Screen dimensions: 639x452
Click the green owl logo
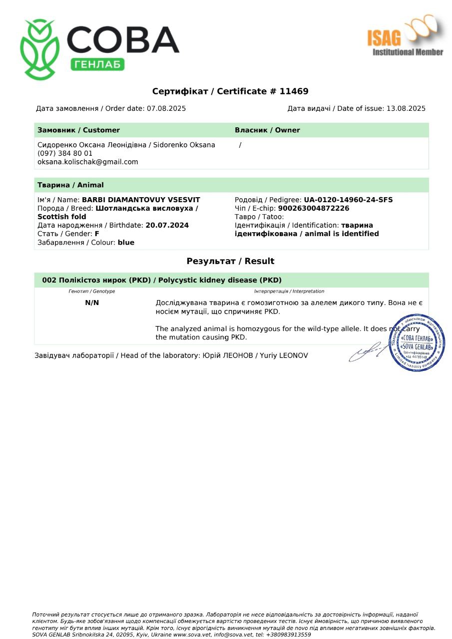click(39, 50)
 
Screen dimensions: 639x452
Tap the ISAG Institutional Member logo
click(406, 36)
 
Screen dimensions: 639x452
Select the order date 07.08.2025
click(166, 108)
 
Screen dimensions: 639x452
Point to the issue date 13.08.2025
click(406, 108)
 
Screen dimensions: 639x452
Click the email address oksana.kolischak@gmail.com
click(88, 162)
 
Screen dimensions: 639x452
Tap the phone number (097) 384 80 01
click(65, 153)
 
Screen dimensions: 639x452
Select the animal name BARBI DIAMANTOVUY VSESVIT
click(141, 200)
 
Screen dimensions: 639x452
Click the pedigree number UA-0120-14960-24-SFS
click(348, 200)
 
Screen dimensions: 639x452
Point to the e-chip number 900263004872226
click(314, 208)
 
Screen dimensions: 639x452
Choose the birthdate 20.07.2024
click(167, 225)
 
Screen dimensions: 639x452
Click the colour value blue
click(126, 242)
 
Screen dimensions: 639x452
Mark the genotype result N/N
click(92, 303)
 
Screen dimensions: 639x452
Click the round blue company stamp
click(417, 343)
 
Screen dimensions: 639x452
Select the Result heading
click(230, 261)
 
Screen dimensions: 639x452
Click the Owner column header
click(267, 130)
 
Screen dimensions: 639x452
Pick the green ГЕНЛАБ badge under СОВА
click(97, 64)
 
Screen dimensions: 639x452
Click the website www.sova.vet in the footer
click(192, 635)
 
